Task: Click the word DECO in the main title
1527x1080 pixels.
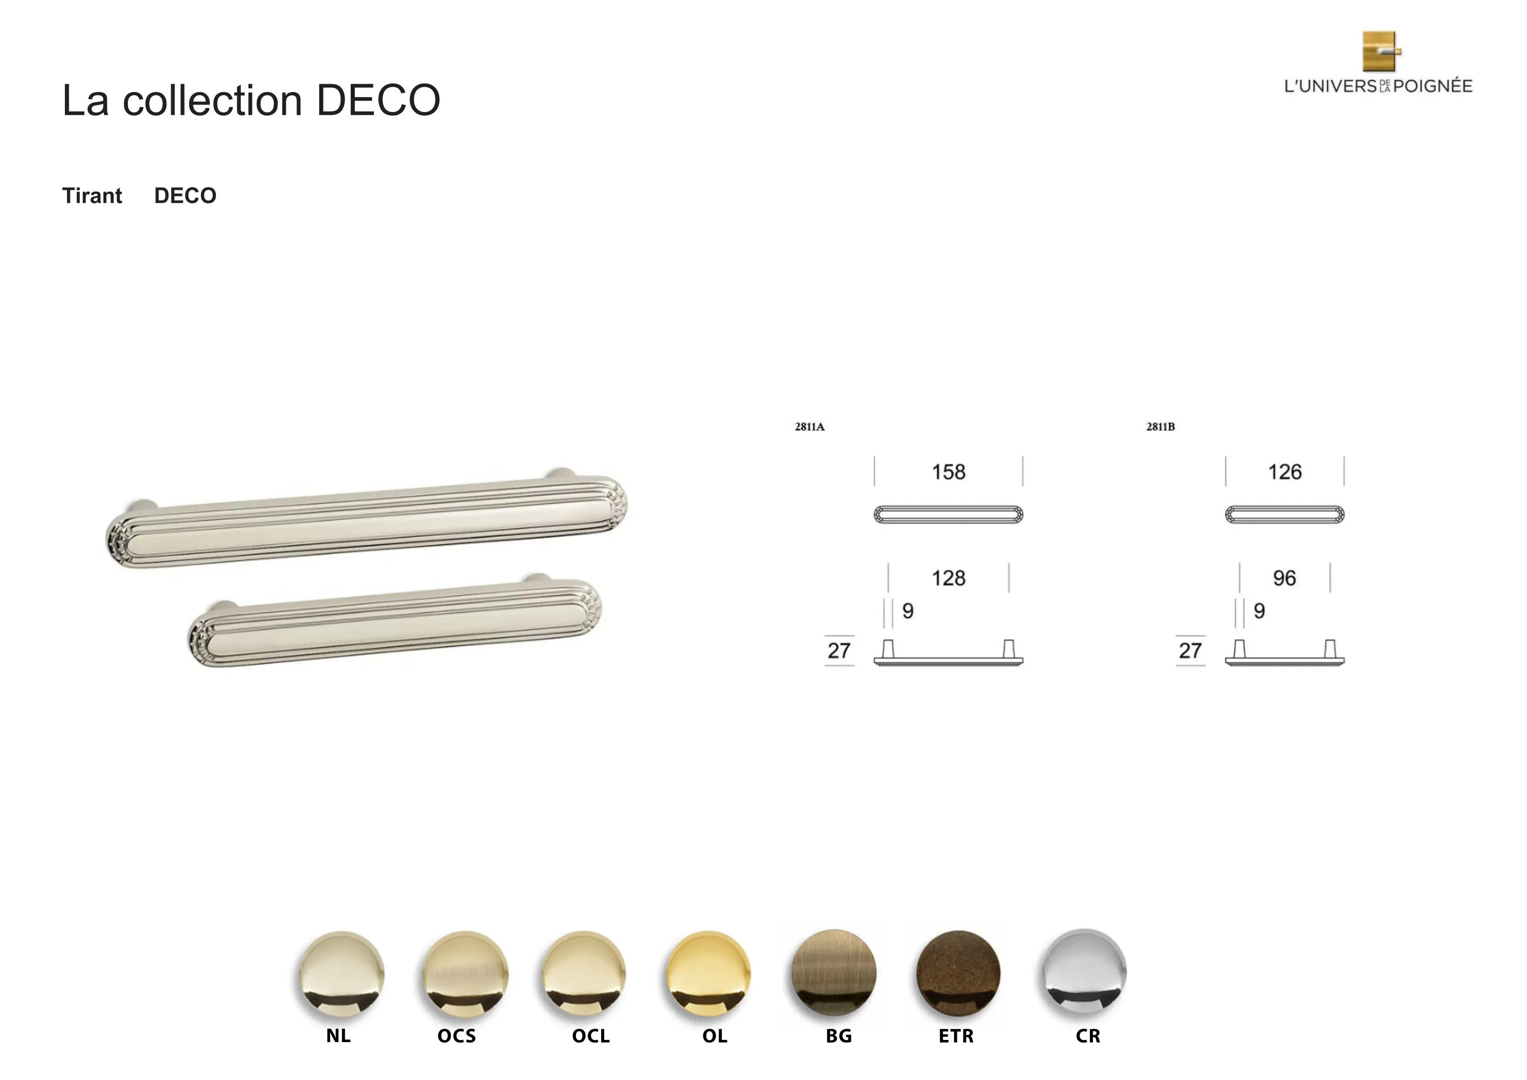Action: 378,101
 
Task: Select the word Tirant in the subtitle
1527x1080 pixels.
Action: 92,196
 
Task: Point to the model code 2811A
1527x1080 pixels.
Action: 809,426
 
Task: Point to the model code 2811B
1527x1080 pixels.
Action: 1160,426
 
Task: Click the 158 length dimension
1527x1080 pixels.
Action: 948,472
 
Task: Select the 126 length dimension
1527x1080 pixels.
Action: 1284,472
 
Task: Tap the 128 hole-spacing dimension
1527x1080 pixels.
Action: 948,577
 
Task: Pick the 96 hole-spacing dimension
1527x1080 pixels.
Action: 1284,577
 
